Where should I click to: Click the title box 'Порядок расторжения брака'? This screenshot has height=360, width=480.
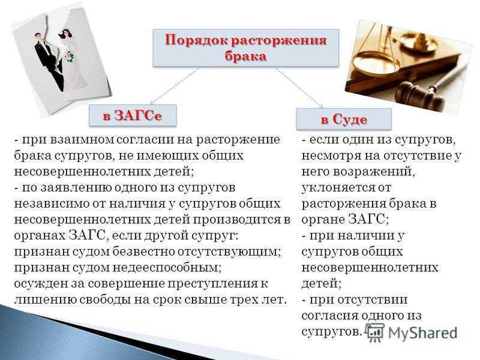[246, 48]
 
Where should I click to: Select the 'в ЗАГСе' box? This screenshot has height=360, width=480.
[133, 115]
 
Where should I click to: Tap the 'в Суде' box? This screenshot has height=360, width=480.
[344, 119]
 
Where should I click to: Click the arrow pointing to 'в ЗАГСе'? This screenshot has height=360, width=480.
[175, 86]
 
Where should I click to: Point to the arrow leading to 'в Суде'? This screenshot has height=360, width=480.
[299, 88]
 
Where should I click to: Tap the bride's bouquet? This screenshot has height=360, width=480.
[71, 57]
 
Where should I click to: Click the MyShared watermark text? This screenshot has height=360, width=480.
[422, 333]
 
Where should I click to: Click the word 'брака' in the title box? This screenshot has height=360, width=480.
[245, 56]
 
